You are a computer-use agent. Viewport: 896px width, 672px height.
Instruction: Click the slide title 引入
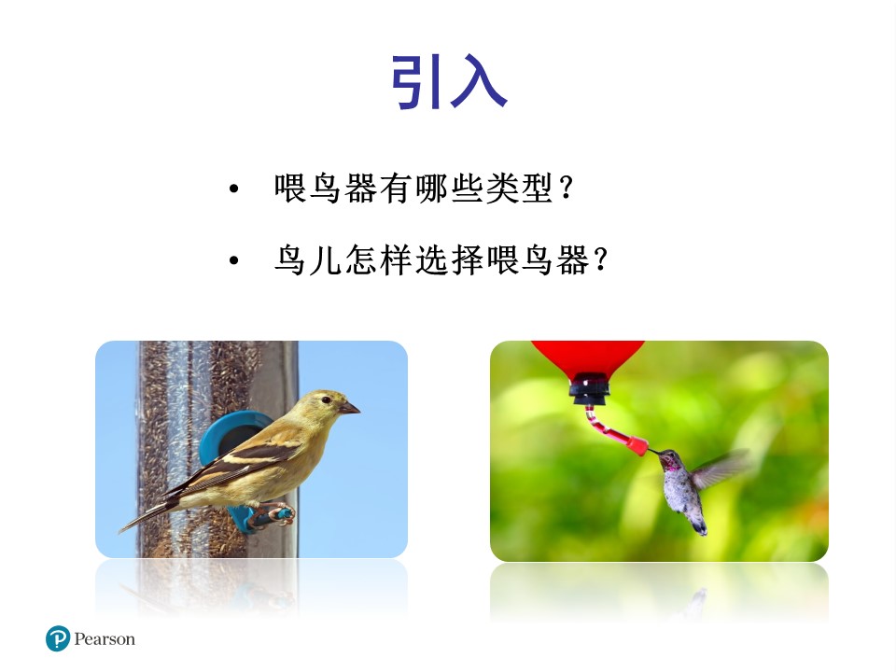pos(448,82)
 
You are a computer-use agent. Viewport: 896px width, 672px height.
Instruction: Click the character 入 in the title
pos(478,82)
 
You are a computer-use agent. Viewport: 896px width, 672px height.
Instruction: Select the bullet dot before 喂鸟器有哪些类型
pos(233,190)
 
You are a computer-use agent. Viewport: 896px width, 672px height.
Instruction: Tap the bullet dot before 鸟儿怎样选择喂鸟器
pos(233,260)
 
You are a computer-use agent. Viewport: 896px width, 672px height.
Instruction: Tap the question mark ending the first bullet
pos(566,189)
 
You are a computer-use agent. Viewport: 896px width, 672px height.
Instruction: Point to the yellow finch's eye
pos(326,400)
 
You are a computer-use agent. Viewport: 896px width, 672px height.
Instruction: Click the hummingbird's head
pos(670,460)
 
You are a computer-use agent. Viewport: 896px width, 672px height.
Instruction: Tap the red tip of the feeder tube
pos(638,444)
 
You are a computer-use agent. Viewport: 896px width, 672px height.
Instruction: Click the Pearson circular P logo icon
pos(58,639)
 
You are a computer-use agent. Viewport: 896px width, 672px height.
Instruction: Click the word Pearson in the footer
pos(105,639)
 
